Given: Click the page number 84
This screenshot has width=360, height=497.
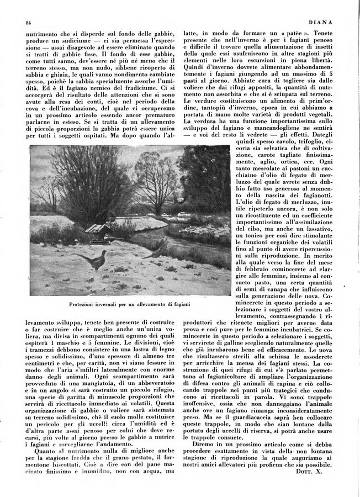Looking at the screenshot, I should tap(27, 22).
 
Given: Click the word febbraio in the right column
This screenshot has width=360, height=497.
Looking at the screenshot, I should tap(253, 272).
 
